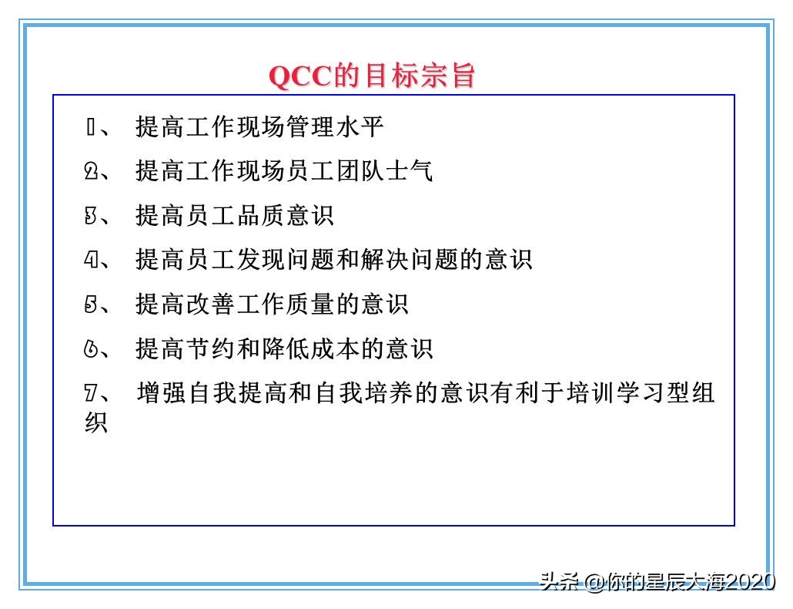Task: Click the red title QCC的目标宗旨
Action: pyautogui.click(x=372, y=76)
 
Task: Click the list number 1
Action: pyautogui.click(x=89, y=126)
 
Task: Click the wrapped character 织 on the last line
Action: pyautogui.click(x=95, y=422)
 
